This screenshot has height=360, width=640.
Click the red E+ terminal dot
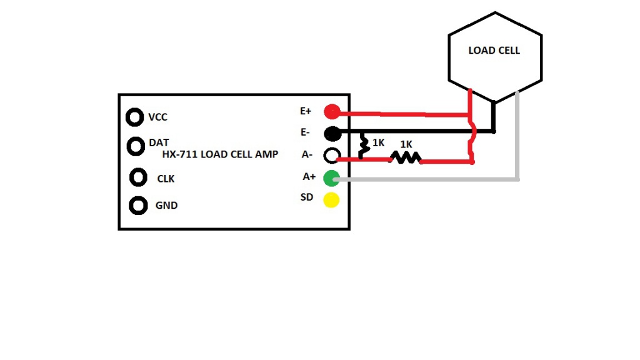click(332, 111)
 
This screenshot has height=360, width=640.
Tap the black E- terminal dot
click(332, 133)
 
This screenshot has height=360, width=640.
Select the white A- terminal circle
click(332, 155)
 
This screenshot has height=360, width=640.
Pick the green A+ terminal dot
click(331, 178)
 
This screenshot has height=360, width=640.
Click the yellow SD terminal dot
click(331, 200)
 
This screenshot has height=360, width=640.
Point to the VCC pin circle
click(135, 117)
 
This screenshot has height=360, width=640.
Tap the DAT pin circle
click(136, 146)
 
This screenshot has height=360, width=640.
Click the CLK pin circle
click(138, 177)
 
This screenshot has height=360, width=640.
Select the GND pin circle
click(138, 206)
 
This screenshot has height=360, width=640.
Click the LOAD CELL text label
click(494, 51)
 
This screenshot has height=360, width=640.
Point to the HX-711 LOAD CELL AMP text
click(220, 154)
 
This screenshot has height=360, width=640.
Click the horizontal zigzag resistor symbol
click(406, 157)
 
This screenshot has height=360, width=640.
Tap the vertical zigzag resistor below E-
click(363, 146)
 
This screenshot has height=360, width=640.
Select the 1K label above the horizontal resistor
click(406, 144)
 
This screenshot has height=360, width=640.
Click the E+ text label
click(306, 111)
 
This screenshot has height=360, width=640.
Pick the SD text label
click(306, 197)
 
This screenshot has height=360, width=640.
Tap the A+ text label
click(309, 177)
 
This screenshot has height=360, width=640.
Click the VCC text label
click(158, 117)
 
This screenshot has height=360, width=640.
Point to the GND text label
click(166, 205)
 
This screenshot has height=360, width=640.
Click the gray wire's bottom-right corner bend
click(517, 179)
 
